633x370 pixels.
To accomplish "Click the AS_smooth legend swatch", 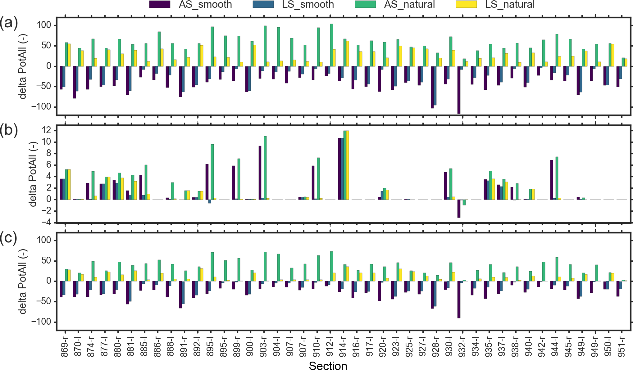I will (160, 4).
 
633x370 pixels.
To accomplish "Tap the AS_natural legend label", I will (409, 4).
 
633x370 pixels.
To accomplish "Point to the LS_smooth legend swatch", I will (263, 4).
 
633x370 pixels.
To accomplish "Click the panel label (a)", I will (9, 23).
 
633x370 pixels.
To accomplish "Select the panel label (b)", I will (9, 130).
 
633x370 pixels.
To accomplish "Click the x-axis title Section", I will (328, 366).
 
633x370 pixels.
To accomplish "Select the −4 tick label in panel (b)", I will (44, 223).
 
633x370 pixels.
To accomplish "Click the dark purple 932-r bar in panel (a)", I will (459, 90).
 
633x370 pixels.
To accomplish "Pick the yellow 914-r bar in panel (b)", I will (347, 165).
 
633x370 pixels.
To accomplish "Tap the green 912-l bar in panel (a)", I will (331, 45).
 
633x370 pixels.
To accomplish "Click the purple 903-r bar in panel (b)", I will (260, 173).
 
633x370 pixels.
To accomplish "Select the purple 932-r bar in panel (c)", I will (459, 300).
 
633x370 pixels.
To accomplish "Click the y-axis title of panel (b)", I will (33, 174).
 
